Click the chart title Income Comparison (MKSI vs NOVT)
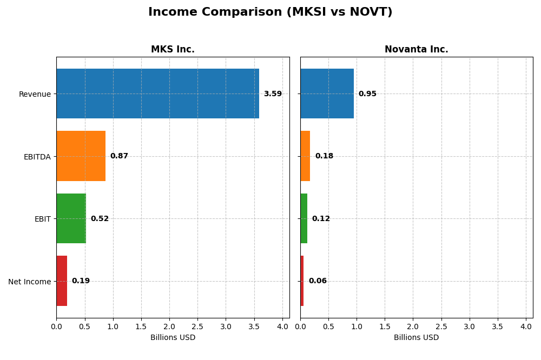coord(270,12)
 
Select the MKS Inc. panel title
coord(173,50)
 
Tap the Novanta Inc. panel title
coord(416,50)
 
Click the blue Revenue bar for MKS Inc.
coord(157,94)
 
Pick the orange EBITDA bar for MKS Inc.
coord(81,156)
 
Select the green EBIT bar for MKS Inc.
coord(71,218)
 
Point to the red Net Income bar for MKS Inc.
coord(62,281)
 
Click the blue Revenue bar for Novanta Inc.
coord(327,94)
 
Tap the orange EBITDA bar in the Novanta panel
coord(305,156)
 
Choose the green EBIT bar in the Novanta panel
coord(304,218)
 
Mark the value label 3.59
coord(273,94)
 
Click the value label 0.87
coord(119,156)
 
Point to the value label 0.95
coord(367,94)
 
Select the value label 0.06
coord(318,281)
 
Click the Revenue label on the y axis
coord(35,95)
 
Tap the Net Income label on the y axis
coord(29,282)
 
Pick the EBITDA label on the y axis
coord(37,157)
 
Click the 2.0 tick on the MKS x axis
coord(169,326)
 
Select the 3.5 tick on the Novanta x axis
coord(498,326)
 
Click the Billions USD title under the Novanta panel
coord(416,338)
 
